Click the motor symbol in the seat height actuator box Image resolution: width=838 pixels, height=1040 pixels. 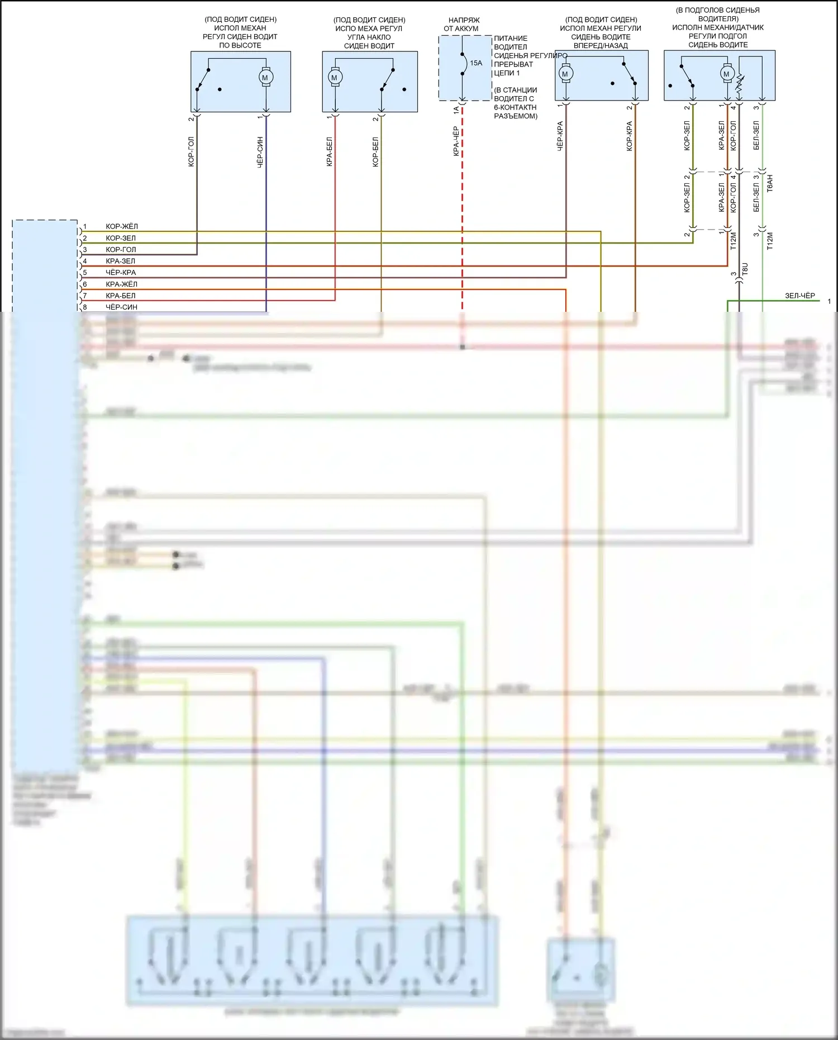(x=265, y=78)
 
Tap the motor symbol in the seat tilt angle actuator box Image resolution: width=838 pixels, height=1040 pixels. (x=335, y=78)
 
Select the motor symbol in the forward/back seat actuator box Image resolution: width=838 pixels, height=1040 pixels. (x=565, y=74)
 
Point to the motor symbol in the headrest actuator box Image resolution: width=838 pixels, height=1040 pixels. (x=726, y=74)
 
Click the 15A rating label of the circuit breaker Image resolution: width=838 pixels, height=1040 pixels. (x=476, y=63)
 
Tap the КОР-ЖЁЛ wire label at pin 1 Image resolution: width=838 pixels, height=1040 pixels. (x=122, y=226)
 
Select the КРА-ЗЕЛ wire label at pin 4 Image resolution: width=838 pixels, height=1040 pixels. (x=121, y=261)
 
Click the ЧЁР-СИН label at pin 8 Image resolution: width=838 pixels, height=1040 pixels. (x=122, y=307)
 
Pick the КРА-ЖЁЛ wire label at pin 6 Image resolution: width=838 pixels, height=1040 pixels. (x=122, y=284)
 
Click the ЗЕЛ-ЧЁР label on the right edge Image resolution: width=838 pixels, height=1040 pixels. (x=800, y=296)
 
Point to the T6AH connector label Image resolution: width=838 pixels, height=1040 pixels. (x=770, y=183)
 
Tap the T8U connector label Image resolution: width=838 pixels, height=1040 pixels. (x=745, y=269)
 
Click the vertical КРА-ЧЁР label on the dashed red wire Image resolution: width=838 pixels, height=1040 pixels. (x=456, y=141)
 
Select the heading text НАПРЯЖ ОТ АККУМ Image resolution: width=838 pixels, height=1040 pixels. (x=461, y=24)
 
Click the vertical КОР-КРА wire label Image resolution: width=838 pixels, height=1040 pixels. (x=630, y=136)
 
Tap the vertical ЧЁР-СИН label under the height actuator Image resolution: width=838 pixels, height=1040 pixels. (x=260, y=153)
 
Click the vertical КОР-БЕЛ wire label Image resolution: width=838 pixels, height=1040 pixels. (x=376, y=152)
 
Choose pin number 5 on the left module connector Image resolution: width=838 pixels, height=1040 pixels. (x=85, y=273)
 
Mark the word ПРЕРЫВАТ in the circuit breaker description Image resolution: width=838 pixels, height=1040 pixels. (x=513, y=64)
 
